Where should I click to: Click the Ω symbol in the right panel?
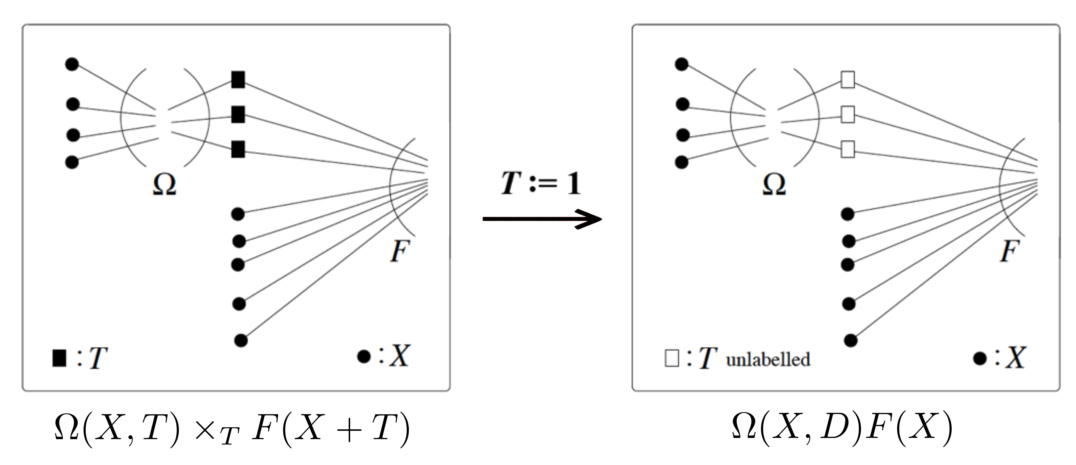(x=774, y=185)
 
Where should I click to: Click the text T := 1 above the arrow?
(x=541, y=183)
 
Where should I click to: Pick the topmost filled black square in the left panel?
(x=238, y=79)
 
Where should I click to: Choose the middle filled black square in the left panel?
(x=238, y=114)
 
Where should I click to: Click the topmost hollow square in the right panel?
(x=847, y=79)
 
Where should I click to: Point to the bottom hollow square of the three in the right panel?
(x=847, y=149)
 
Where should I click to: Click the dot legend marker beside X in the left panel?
(x=364, y=357)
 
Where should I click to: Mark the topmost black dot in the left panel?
(x=72, y=64)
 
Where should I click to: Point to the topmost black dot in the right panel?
(x=682, y=64)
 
